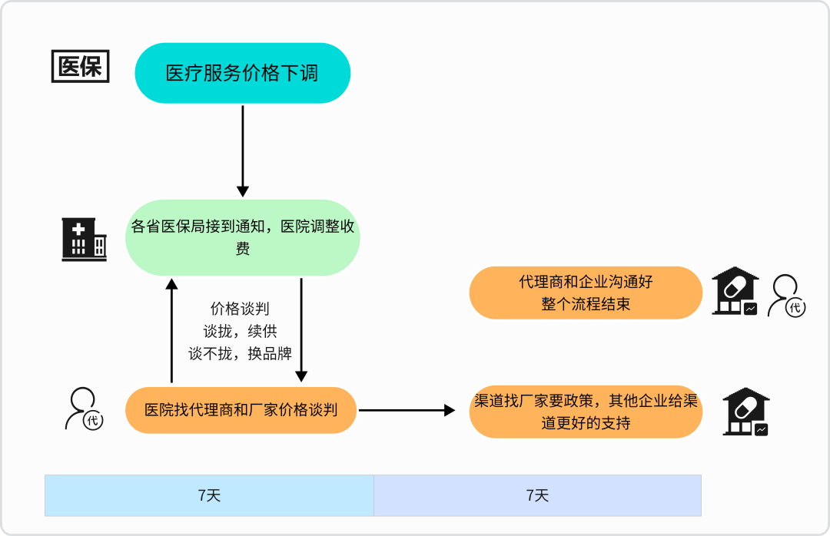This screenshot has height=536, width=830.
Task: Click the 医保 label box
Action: [x=80, y=66]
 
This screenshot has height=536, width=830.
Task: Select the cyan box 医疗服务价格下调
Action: [x=242, y=73]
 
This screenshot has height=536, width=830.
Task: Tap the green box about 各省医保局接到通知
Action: [x=242, y=237]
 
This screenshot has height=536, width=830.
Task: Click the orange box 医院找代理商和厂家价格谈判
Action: [x=241, y=410]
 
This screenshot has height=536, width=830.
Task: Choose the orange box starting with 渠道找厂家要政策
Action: [x=586, y=412]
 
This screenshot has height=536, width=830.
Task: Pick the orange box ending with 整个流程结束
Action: [x=586, y=293]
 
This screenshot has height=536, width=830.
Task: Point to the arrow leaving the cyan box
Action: [x=243, y=151]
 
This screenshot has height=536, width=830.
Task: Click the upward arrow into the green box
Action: [x=171, y=330]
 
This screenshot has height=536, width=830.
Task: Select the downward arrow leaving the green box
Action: [x=301, y=330]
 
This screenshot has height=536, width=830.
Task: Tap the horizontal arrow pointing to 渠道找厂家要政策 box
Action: [x=407, y=410]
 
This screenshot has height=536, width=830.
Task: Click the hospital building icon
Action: [x=84, y=239]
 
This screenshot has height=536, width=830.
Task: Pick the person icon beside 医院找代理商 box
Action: [x=84, y=409]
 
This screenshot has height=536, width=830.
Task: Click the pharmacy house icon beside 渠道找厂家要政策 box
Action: [x=745, y=412]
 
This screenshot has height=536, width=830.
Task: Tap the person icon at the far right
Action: [x=788, y=296]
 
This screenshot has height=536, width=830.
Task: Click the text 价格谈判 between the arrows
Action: [x=240, y=309]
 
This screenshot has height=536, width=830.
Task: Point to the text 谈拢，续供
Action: [x=240, y=331]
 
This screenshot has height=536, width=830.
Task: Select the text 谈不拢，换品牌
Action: [x=240, y=353]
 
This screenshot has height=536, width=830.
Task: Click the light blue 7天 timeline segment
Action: [x=209, y=495]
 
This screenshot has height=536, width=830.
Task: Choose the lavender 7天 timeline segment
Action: [x=537, y=495]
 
